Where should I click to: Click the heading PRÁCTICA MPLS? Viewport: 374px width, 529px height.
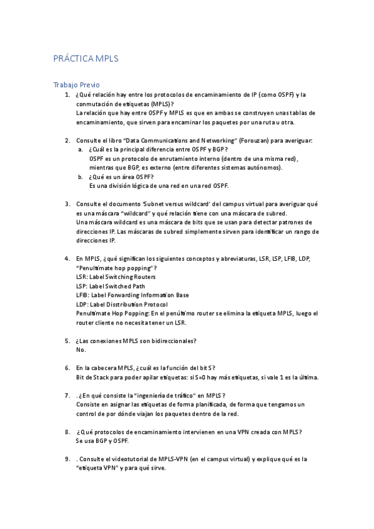pos(86,59)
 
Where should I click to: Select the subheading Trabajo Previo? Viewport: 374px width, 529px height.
pos(76,85)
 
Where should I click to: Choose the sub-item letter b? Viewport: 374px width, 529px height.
pos(80,177)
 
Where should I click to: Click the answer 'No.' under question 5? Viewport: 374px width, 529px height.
pos(81,350)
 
